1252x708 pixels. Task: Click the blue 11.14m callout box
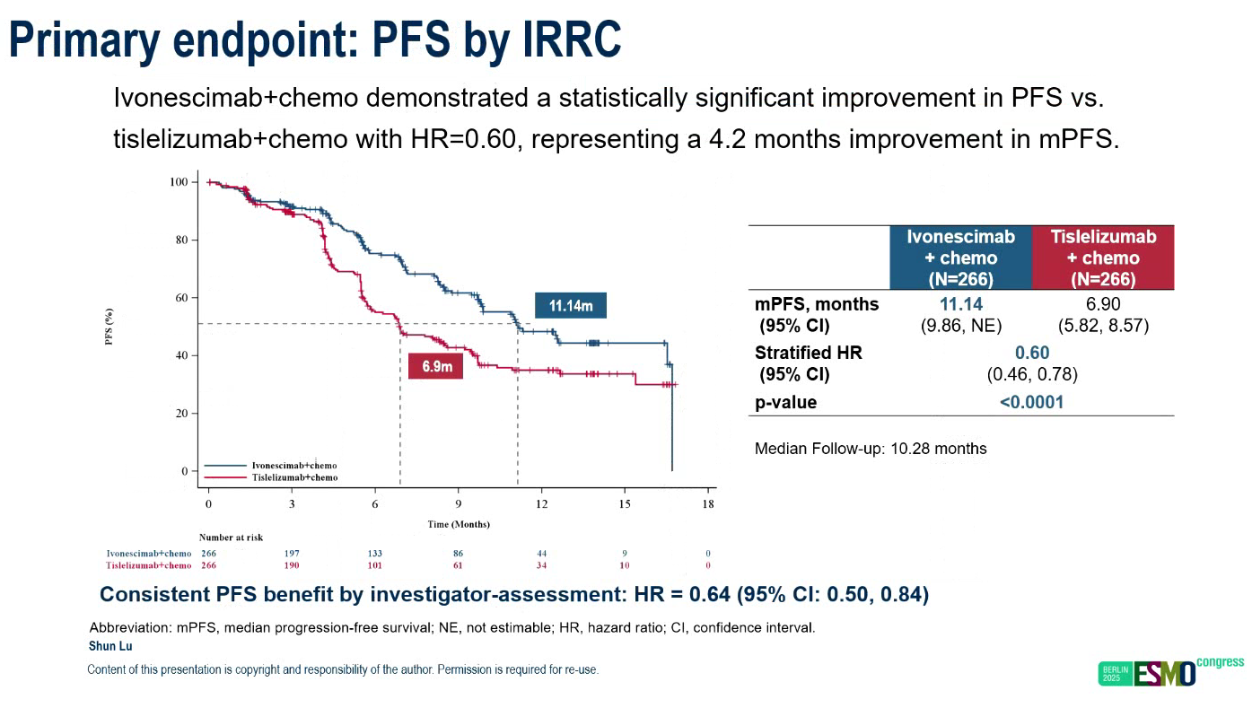point(571,306)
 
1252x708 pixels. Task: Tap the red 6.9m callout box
point(436,366)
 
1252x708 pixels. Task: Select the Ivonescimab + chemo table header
point(960,258)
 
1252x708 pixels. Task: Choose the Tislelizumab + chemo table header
point(1103,258)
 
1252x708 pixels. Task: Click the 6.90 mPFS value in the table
point(1103,305)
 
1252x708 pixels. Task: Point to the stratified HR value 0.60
point(1032,353)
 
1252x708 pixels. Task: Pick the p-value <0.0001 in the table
point(1032,402)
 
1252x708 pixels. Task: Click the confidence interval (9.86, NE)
point(960,326)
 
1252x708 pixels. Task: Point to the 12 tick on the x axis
point(542,503)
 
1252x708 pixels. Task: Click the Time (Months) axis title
point(458,524)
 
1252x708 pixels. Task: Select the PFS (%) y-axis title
point(109,327)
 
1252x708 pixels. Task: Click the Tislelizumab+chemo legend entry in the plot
point(293,477)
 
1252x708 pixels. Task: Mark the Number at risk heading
point(231,538)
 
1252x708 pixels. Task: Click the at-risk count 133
point(375,554)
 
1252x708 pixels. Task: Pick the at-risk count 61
point(458,565)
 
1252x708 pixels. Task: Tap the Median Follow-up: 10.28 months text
point(871,449)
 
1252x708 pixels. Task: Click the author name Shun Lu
point(110,646)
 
